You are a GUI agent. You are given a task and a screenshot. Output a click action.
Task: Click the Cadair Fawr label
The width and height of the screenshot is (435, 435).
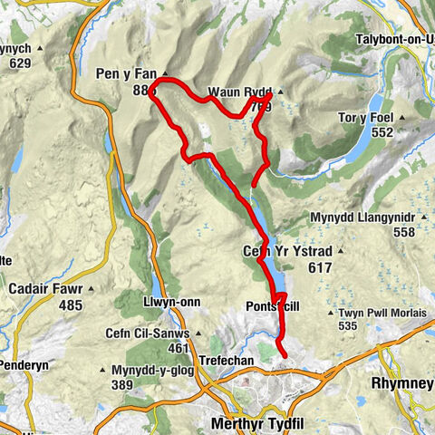pos(43,291)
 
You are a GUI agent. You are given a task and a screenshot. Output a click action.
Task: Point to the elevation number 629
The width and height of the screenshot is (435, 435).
pos(17,63)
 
